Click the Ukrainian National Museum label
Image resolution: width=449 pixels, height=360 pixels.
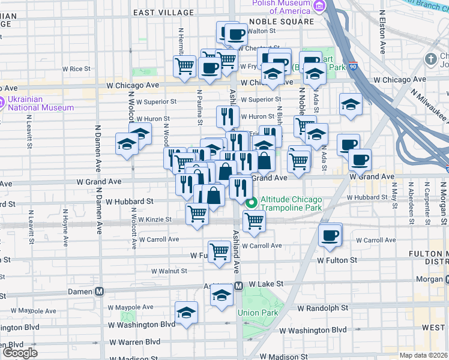coord(40,104)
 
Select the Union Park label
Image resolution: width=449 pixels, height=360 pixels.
coord(258,313)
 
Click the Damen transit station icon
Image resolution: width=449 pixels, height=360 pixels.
coord(100,292)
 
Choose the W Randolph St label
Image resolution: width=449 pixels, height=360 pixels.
coord(323,307)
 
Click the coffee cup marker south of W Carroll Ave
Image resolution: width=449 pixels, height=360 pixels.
coord(330,235)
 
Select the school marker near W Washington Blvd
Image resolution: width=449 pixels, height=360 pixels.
coord(187,312)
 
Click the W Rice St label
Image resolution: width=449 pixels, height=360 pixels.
coord(80,69)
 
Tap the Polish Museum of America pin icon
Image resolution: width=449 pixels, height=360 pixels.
coord(319,7)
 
